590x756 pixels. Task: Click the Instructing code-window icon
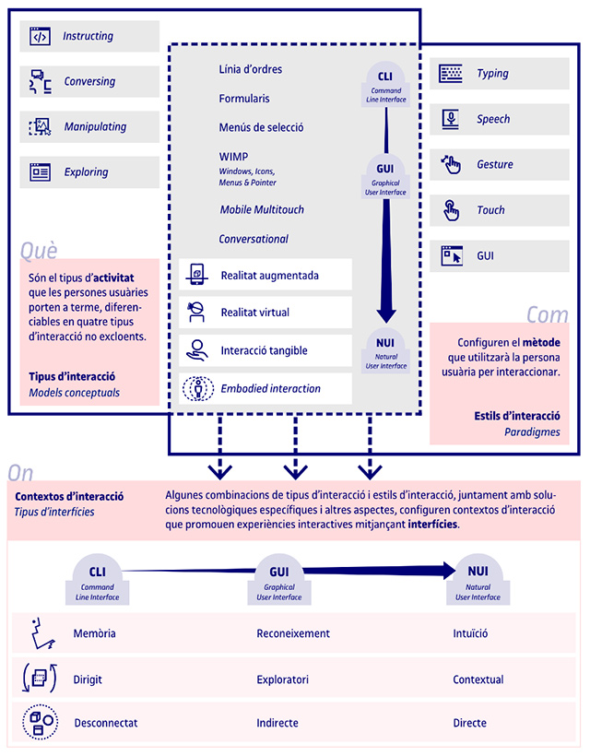[40, 36]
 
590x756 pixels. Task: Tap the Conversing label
[89, 81]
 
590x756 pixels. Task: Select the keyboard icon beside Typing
[451, 74]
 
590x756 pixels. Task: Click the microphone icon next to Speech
[451, 119]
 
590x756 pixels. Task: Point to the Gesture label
[495, 164]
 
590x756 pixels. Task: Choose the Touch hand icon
[451, 210]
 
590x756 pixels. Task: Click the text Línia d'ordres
[251, 69]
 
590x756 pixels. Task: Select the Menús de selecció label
[261, 127]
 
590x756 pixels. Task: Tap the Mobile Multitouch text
[262, 209]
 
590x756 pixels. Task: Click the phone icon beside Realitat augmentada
[196, 275]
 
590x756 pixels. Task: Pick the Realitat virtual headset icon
[196, 312]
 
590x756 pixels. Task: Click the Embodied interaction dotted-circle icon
[197, 389]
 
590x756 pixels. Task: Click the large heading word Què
[39, 251]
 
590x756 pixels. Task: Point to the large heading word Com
[548, 314]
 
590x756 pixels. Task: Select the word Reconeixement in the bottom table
[293, 633]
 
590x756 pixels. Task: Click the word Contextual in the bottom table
[478, 679]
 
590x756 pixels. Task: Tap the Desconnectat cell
[106, 723]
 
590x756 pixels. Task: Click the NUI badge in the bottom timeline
[478, 579]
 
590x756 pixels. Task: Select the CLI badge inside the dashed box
[385, 84]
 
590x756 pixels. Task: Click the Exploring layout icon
[40, 172]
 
